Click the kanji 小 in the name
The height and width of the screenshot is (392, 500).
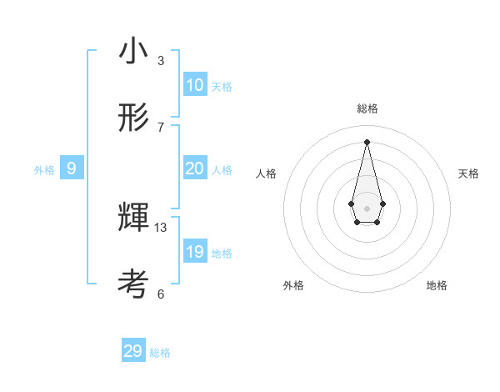(133, 51)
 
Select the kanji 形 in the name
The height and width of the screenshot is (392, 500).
(133, 118)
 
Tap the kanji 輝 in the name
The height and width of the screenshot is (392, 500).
(133, 219)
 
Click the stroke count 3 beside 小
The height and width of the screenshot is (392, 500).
(161, 60)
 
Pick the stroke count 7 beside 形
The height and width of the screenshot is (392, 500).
(161, 127)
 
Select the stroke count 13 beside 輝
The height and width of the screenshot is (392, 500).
(161, 227)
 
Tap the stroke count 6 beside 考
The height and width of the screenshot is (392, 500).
(161, 294)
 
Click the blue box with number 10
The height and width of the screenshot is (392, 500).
(195, 85)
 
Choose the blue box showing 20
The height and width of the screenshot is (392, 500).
(195, 168)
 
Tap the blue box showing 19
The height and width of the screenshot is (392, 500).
(195, 252)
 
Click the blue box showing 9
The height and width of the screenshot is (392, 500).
(72, 168)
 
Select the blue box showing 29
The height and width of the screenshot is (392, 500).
(133, 351)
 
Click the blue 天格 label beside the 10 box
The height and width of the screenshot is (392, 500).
(222, 87)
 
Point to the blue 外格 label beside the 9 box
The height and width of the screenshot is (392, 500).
(44, 170)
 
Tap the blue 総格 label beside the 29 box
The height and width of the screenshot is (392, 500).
(160, 353)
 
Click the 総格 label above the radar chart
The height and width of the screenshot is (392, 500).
(367, 108)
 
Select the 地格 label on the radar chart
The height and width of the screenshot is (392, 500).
(437, 285)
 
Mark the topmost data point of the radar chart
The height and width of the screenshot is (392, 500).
(367, 141)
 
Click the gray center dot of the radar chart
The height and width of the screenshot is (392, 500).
(367, 208)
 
